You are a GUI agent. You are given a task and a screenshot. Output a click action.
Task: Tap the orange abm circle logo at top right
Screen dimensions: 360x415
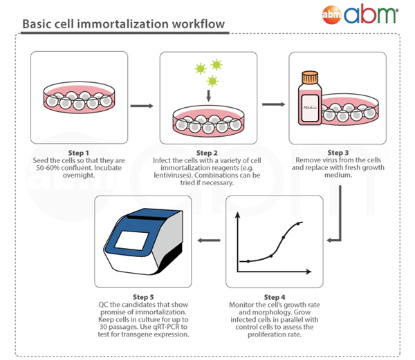pyautogui.click(x=332, y=14)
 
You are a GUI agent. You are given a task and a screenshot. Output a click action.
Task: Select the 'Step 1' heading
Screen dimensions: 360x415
pyautogui.click(x=80, y=153)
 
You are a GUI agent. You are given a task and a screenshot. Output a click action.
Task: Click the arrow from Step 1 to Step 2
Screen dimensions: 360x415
pyautogui.click(x=142, y=106)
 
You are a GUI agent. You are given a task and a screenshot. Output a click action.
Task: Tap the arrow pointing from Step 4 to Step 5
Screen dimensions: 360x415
pyautogui.click(x=210, y=240)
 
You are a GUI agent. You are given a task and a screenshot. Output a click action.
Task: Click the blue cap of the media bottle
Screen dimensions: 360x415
pyautogui.click(x=309, y=74)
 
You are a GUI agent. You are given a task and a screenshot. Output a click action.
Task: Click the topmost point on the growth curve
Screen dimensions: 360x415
pyautogui.click(x=299, y=222)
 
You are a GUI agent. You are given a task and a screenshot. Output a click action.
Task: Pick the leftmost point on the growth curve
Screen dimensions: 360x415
pyautogui.click(x=248, y=261)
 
